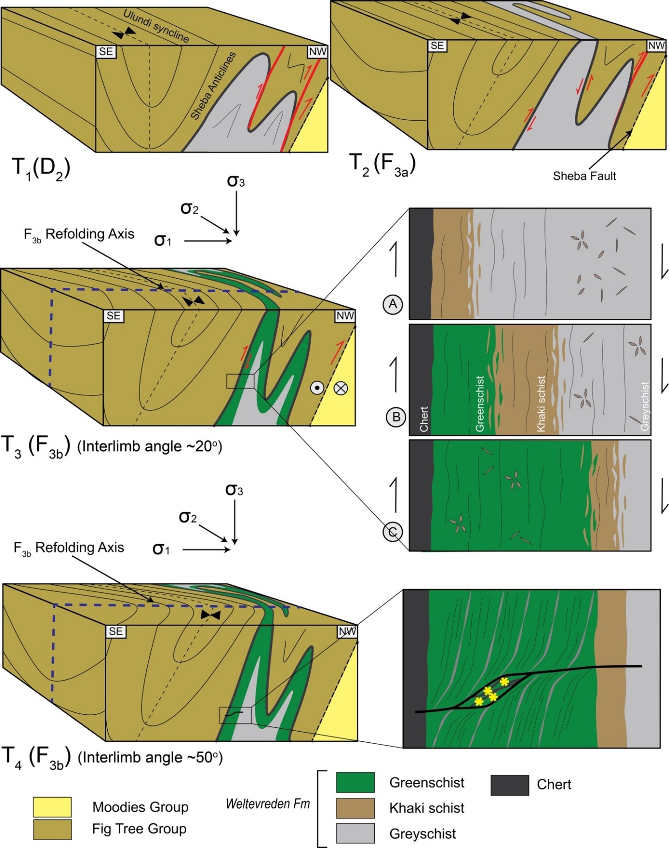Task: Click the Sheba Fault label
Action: point(584,176)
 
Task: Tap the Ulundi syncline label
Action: point(156,26)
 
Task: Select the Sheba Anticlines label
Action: point(213,86)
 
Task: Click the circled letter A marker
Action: point(393,304)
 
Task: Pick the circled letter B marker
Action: point(396,417)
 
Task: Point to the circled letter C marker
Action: point(393,532)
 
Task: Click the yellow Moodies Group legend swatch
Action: point(52,807)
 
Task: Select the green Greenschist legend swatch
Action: point(355,782)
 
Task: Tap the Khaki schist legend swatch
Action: point(355,808)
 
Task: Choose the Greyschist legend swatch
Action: point(355,833)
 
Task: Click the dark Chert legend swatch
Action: point(510,785)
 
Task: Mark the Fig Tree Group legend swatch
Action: point(52,829)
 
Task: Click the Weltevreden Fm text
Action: point(268,804)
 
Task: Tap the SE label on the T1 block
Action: point(106,52)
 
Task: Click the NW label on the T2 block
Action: point(656,46)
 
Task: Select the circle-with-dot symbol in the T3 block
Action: point(317,388)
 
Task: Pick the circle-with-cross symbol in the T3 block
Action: point(341,388)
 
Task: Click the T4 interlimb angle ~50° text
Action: point(150,757)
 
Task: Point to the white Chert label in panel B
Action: point(424,419)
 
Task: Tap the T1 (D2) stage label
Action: point(41,168)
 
